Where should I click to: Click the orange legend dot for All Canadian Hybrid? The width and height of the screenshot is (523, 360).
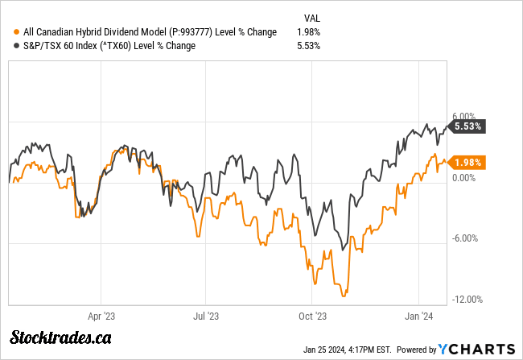click(18, 31)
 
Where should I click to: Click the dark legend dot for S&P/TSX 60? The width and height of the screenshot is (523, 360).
click(18, 45)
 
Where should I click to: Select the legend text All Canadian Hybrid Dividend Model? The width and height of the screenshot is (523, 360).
click(150, 31)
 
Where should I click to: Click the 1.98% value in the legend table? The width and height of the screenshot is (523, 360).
click(308, 31)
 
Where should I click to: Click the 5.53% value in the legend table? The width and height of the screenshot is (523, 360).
click(308, 45)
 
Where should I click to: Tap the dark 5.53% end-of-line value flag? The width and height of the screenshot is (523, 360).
click(468, 126)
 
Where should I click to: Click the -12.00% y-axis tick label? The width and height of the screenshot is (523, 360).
click(467, 300)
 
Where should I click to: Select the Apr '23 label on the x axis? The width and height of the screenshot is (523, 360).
click(101, 317)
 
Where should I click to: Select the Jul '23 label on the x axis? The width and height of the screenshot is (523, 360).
click(207, 317)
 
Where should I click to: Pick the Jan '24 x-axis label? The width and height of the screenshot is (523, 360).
click(418, 317)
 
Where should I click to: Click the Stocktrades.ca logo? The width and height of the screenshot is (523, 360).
click(60, 337)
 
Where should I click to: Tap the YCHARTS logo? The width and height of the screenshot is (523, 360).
click(476, 349)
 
